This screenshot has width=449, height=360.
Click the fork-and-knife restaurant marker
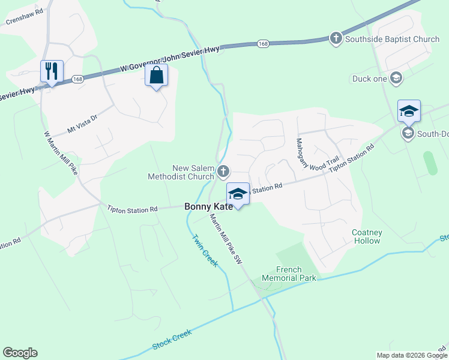[x=51, y=71]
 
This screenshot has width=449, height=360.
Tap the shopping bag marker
[x=156, y=76]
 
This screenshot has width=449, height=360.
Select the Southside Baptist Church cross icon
[x=336, y=39]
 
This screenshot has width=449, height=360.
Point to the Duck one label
[x=370, y=79]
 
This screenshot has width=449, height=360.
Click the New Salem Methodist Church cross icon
[x=223, y=172]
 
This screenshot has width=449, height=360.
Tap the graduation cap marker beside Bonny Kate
[x=238, y=194]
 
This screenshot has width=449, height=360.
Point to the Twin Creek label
[x=206, y=251]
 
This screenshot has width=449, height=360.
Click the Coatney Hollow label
[x=366, y=236]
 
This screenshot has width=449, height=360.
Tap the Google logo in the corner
[x=20, y=353]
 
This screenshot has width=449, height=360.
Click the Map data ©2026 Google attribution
[x=412, y=355]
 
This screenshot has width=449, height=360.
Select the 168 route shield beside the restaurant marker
[x=77, y=79]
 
